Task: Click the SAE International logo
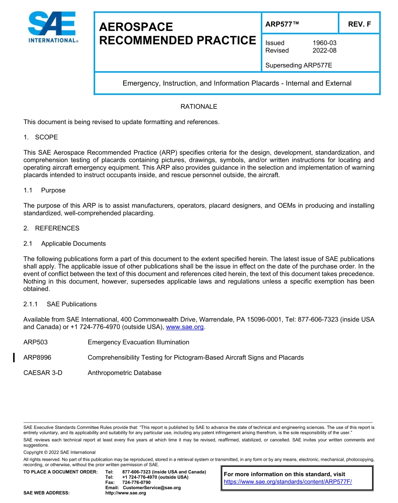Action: pos(52,27)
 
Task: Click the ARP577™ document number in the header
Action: pos(282,24)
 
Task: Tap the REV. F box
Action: pos(359,24)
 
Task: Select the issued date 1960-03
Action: pos(324,43)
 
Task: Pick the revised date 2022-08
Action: pos(324,50)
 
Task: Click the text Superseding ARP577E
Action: pos(299,65)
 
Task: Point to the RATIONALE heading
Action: pos(199,107)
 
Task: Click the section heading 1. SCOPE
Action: pos(41,137)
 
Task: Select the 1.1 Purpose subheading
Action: pos(44,190)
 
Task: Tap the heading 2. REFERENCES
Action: pos(51,228)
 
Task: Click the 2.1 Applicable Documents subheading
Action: pos(65,244)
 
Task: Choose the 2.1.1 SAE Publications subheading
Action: pos(60,304)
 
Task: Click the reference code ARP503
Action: pos(36,342)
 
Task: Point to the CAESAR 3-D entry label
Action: pos(43,373)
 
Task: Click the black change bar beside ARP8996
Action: pos(14,358)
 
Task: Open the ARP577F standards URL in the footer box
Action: pos(288,482)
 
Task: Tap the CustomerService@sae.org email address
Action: pos(152,487)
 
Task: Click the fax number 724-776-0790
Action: pos(136,482)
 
